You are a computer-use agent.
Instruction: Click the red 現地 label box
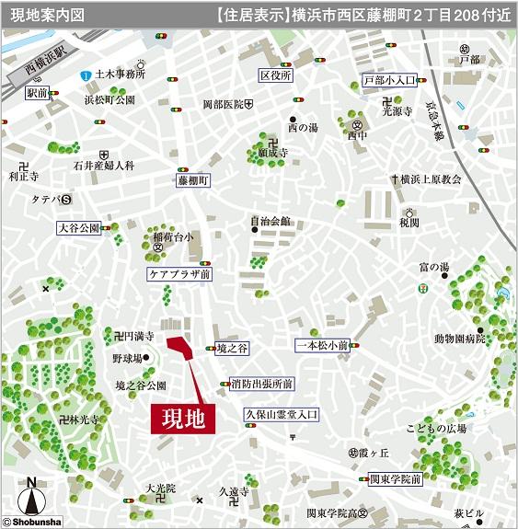pyautogui.click(x=182, y=419)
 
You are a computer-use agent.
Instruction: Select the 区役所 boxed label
pyautogui.click(x=275, y=75)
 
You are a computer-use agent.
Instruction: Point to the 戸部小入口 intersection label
pyautogui.click(x=390, y=80)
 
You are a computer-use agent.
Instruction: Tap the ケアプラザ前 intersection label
pyautogui.click(x=180, y=274)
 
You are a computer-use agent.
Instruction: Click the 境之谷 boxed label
pyautogui.click(x=232, y=349)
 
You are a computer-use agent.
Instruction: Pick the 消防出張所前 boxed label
pyautogui.click(x=262, y=384)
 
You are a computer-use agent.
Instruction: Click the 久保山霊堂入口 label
pyautogui.click(x=281, y=416)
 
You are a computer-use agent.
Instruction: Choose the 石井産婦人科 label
pyautogui.click(x=104, y=166)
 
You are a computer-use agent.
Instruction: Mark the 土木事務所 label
pyautogui.click(x=120, y=74)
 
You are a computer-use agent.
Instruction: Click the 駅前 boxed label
pyautogui.click(x=38, y=93)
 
